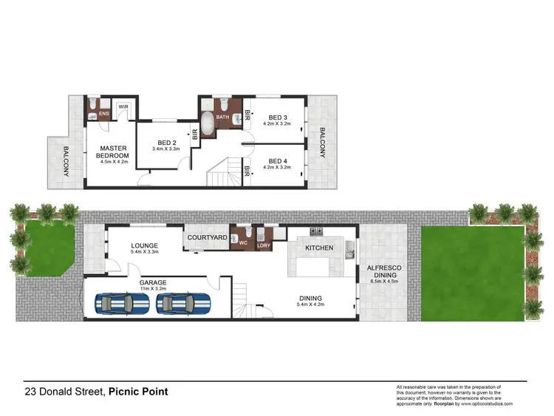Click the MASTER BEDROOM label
[114, 152]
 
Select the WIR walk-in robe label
[124, 106]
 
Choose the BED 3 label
[277, 117]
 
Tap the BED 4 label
[277, 161]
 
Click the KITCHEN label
[320, 248]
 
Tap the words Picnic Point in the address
[137, 392]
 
